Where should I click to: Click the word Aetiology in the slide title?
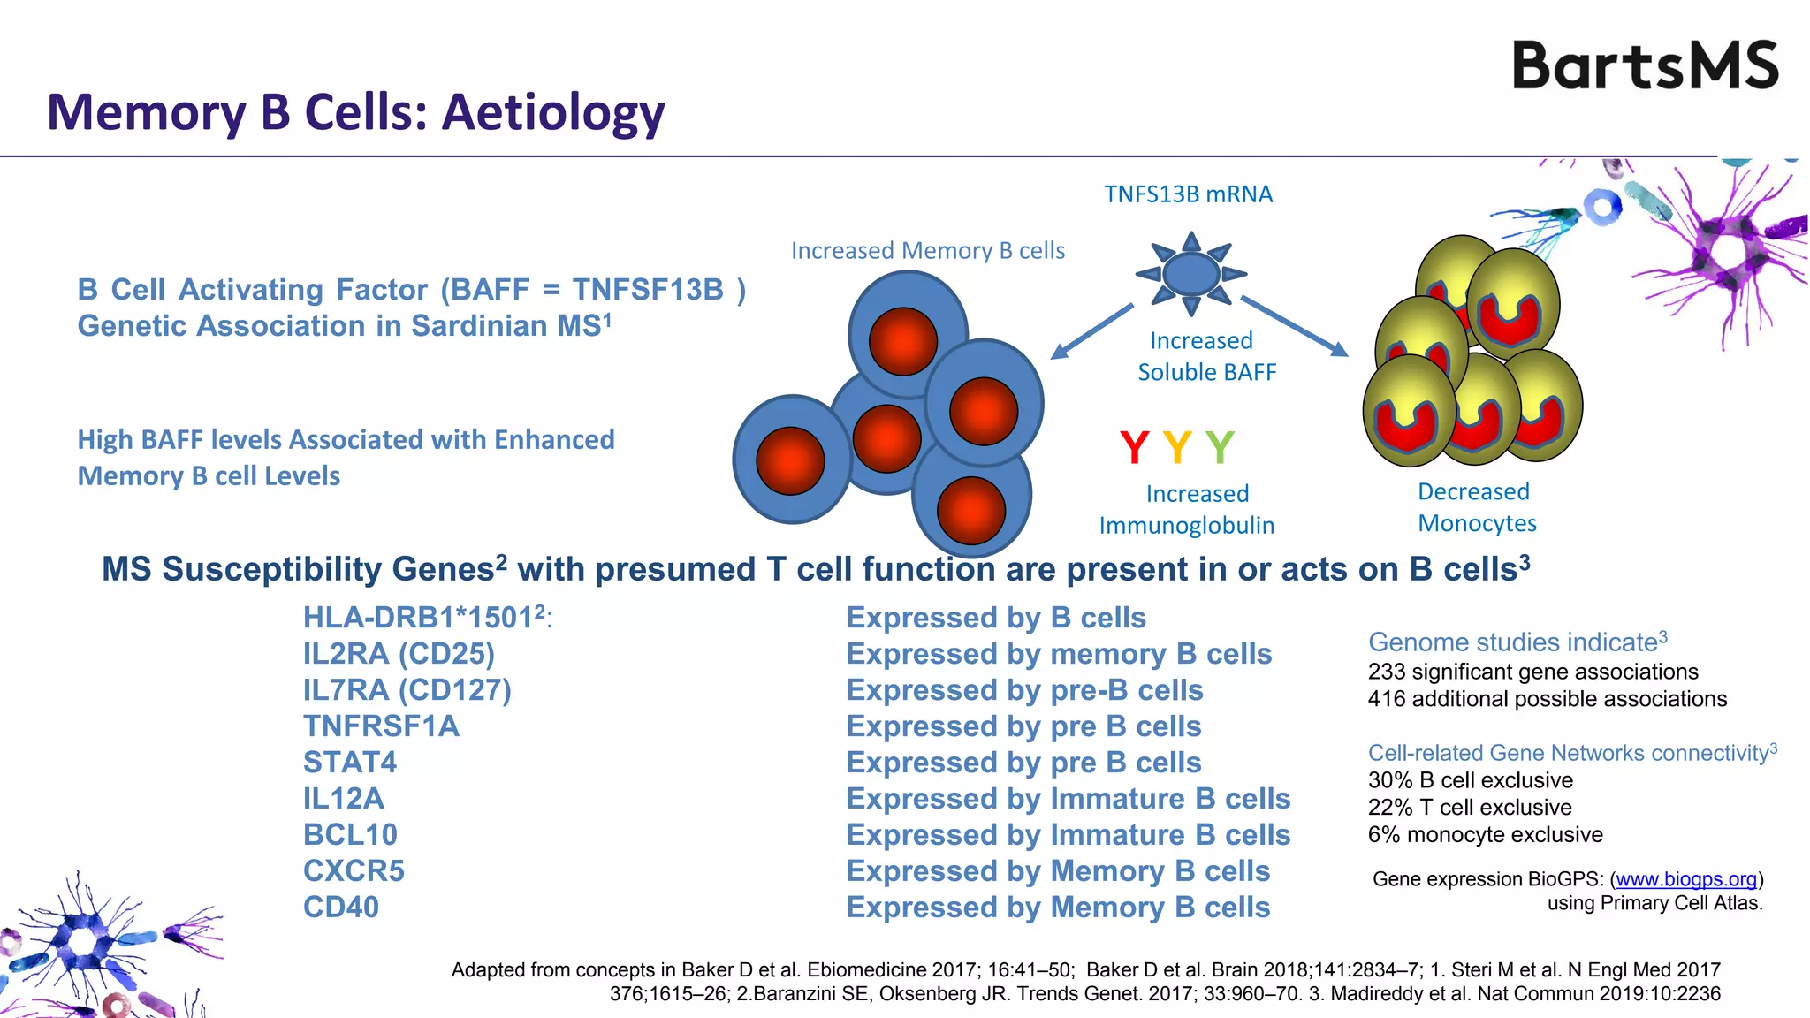pos(553,113)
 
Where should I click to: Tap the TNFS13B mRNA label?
pos(1188,194)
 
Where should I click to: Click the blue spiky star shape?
pos(1190,273)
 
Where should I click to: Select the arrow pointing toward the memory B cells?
pos(1091,331)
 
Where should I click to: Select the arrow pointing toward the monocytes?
pos(1295,326)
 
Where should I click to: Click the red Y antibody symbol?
pos(1134,447)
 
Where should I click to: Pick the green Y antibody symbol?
pos(1220,447)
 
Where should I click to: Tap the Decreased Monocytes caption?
pos(1477,507)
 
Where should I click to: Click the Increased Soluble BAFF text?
pos(1205,356)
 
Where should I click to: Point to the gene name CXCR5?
pos(354,871)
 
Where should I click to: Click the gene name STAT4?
pos(350,763)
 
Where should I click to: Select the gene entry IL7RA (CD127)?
pos(407,690)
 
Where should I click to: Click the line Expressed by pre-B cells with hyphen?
pos(1024,690)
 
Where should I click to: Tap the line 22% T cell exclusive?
pos(1470,808)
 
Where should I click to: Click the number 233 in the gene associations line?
pos(1386,672)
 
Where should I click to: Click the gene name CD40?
pos(341,908)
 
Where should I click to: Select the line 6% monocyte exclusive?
pos(1485,835)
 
